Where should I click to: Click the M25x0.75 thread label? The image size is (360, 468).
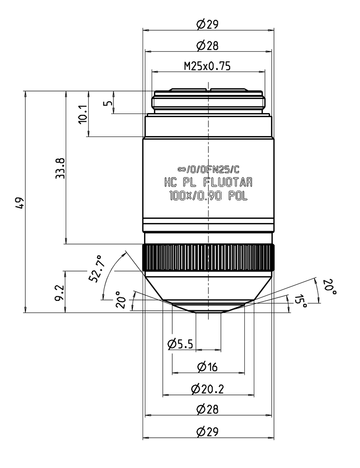pos(207,66)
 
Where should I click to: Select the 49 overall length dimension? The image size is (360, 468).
pos(20,203)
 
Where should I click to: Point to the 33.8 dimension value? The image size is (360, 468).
pos(61,168)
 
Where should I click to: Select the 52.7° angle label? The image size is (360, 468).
pos(96,268)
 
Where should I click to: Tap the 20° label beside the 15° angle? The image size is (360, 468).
pos(329,286)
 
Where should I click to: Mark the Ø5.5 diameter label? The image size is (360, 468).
pos(180,344)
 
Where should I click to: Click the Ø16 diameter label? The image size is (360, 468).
pos(207,367)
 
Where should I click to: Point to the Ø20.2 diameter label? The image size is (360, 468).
pos(207,389)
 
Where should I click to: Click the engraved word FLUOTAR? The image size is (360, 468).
pos(228,182)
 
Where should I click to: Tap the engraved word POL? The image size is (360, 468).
pos(238,196)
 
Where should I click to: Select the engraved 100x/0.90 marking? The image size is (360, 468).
pos(195,196)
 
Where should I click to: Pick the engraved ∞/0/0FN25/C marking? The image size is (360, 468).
pos(208,169)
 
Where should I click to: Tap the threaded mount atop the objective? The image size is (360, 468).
pos(208,101)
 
